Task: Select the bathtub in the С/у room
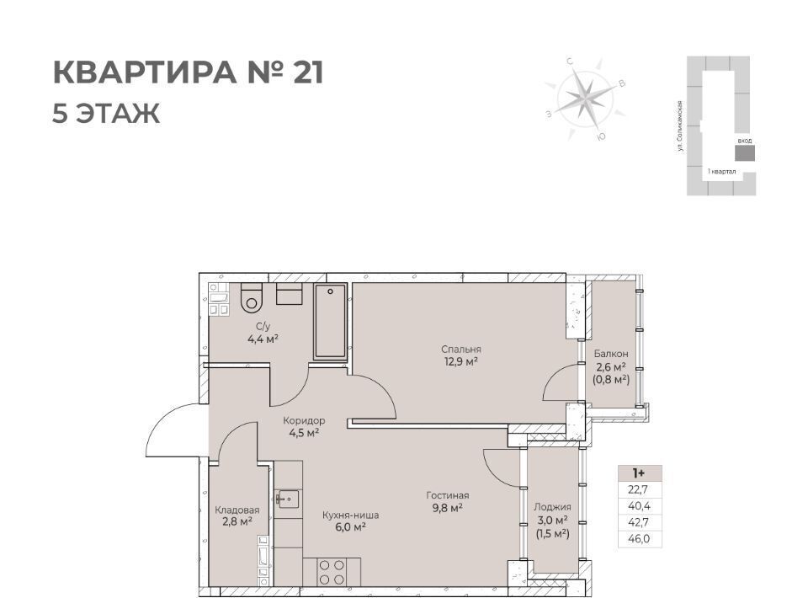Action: pos(330,321)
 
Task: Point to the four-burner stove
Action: pos(332,572)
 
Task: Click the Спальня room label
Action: pos(461,349)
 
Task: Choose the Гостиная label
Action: pos(447,495)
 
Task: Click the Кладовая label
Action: pos(237,510)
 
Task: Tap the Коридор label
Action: pos(304,420)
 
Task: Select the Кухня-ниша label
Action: pos(350,515)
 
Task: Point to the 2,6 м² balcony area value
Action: pos(611,367)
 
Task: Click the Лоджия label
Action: pos(552,507)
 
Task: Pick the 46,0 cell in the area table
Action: pos(639,539)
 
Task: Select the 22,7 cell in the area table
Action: pos(639,489)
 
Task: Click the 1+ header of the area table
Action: pos(639,473)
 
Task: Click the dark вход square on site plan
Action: pos(745,153)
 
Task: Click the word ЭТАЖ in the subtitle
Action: pos(118,114)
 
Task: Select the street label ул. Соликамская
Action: pos(681,126)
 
